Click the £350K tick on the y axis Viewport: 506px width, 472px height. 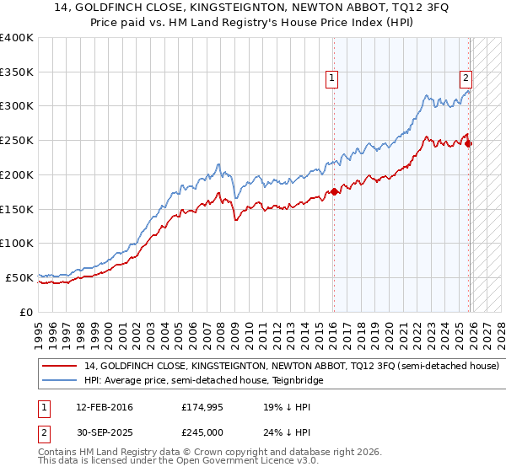tap(17, 72)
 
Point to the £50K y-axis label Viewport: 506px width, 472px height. tap(19, 277)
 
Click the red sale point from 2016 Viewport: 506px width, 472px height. tap(334, 191)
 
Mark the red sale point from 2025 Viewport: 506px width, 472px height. tap(470, 143)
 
